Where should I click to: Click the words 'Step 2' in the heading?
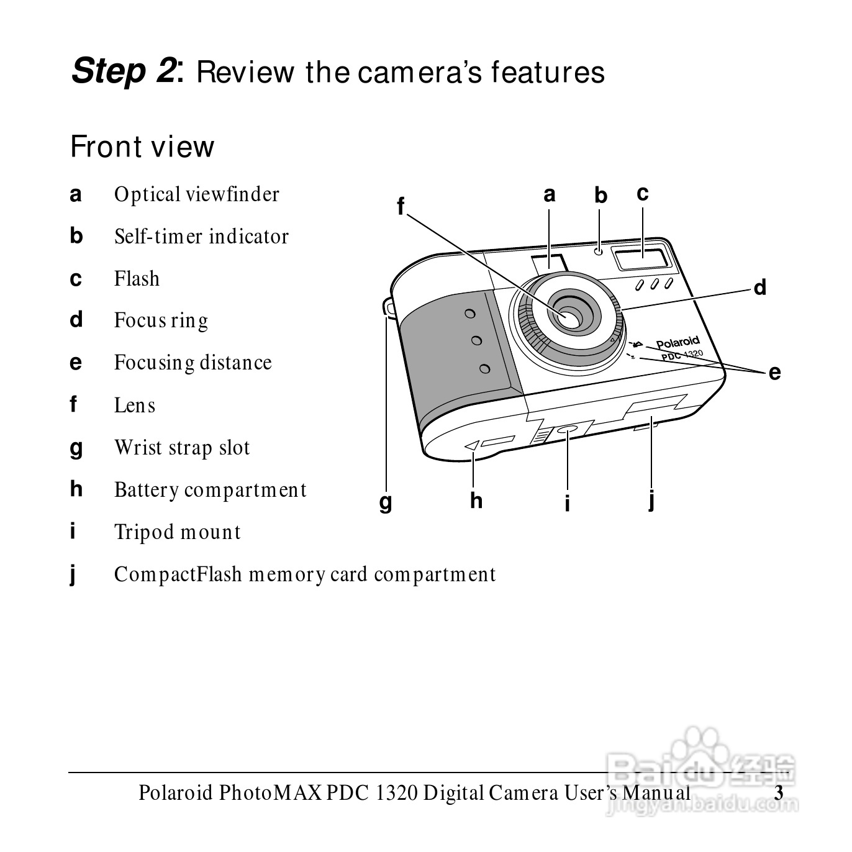tap(124, 71)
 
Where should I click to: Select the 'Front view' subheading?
tap(142, 147)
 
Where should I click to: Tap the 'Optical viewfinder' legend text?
tap(197, 194)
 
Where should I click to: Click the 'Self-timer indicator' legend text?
tap(201, 236)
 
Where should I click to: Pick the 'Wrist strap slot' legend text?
tap(182, 448)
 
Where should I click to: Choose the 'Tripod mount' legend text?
tap(178, 532)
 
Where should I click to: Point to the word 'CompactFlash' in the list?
tap(178, 574)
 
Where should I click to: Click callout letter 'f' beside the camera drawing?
tap(401, 206)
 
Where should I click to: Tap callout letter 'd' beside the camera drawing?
tap(760, 288)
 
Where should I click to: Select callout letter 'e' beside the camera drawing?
tap(774, 373)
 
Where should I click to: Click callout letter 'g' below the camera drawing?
tap(386, 503)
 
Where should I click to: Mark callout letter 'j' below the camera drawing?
tap(651, 502)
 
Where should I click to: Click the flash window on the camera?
tap(643, 258)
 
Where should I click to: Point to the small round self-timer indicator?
tap(599, 252)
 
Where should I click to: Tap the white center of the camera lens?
tap(571, 318)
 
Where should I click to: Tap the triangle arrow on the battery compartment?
tap(472, 445)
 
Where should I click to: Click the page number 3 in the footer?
tap(779, 793)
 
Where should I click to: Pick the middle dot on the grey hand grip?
tap(477, 340)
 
